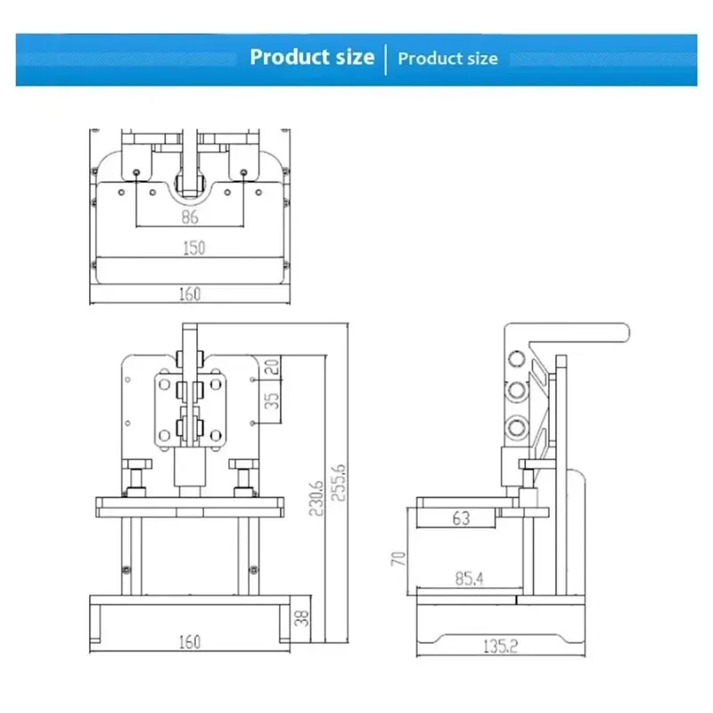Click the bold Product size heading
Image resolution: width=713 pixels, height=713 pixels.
point(312,57)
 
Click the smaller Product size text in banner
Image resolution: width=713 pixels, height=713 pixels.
point(448,59)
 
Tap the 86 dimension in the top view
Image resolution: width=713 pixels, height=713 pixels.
point(190,217)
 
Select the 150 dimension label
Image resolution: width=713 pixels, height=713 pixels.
point(194,248)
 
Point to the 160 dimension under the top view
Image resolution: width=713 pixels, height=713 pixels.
point(190,294)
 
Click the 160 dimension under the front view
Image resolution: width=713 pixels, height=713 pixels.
point(190,642)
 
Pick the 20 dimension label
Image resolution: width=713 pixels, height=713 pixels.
point(272,366)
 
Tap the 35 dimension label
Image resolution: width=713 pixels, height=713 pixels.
point(272,400)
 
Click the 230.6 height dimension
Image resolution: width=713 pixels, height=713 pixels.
point(316,498)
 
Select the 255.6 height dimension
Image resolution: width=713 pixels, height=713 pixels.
point(339,482)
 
